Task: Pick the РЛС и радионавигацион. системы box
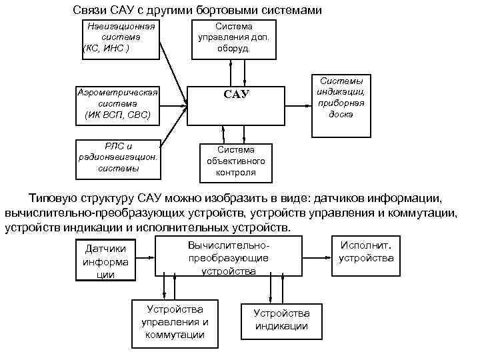pyautogui.click(x=117, y=159)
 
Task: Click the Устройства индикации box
pyautogui.click(x=281, y=320)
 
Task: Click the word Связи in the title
pyautogui.click(x=90, y=11)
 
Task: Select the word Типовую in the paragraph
pyautogui.click(x=53, y=199)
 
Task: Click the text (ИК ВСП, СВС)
pyautogui.click(x=117, y=115)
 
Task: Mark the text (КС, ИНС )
pyautogui.click(x=107, y=49)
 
